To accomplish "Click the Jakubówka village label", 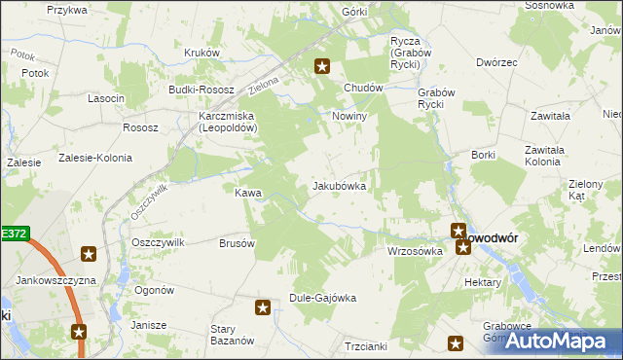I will [339, 185].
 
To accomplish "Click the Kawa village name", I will [247, 193].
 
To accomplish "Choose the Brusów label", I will [237, 243].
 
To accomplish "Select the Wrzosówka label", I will [415, 250].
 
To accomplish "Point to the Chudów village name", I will [361, 87].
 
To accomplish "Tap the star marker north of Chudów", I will [322, 67].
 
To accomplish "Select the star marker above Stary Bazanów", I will [263, 308].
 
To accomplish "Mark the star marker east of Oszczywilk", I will [89, 255].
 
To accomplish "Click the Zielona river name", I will [264, 86].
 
